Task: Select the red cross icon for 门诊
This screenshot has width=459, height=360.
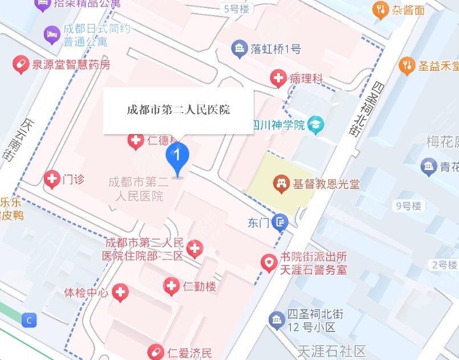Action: pos(52,180)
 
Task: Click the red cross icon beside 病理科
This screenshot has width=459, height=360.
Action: pos(279,79)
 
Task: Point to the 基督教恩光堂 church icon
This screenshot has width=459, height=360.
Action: pos(281,184)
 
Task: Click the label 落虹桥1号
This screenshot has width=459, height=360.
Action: pos(275,49)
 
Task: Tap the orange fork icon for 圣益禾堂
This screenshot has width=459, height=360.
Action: pos(407,66)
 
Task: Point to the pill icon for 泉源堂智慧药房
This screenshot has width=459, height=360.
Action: pos(21,65)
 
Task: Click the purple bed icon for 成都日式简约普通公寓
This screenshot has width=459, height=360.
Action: pos(51,35)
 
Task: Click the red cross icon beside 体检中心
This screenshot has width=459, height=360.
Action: pos(120,293)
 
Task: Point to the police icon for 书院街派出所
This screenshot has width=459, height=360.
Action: pos(268,262)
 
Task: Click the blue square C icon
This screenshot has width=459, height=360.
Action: pos(29,321)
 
